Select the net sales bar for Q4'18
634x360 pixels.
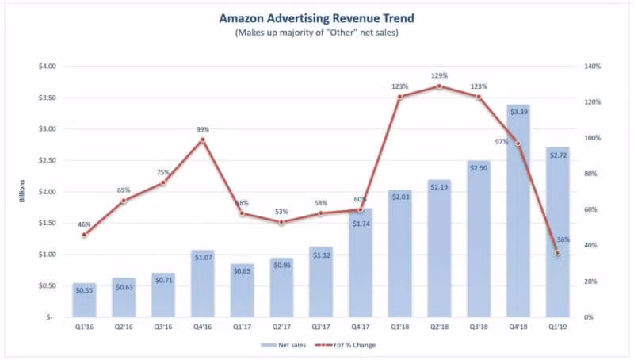(x=518, y=214)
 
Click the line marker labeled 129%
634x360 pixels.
(x=439, y=86)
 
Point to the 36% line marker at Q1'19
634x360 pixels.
(x=557, y=253)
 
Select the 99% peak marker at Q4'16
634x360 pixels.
(x=202, y=140)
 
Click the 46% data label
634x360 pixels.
(x=84, y=224)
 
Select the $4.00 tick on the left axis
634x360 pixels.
(x=47, y=67)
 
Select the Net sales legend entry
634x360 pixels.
(x=286, y=345)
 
